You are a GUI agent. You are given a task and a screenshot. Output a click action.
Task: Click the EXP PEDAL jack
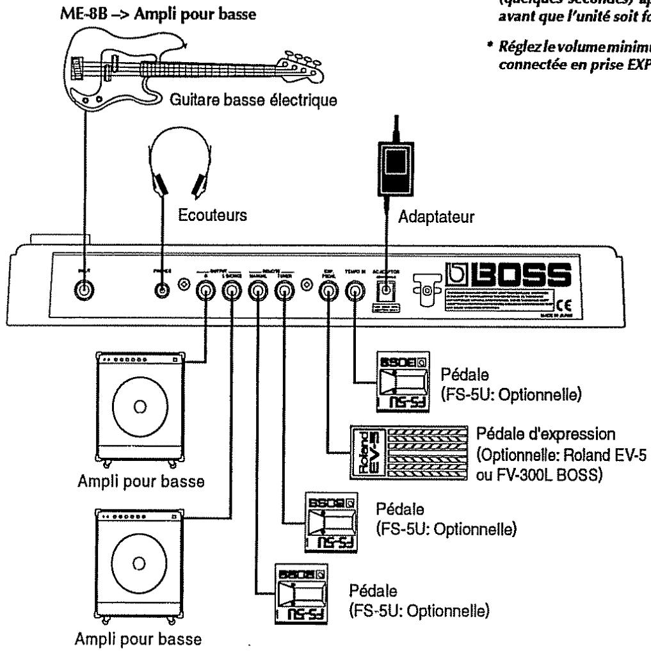coord(328,293)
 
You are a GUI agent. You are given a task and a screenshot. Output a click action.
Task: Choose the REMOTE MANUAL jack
coord(257,293)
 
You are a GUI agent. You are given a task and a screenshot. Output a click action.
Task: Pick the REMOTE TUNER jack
coord(282,293)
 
